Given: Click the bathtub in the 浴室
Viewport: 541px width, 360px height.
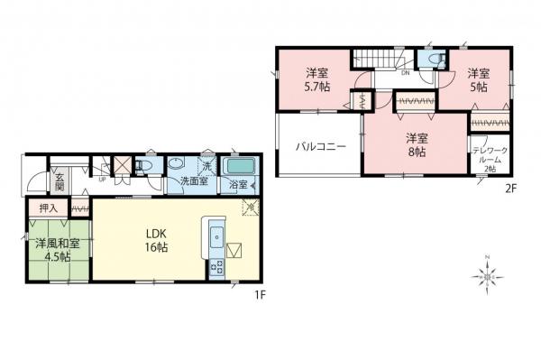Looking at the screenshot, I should tap(240, 167).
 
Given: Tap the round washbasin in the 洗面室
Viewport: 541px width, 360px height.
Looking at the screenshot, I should tap(178, 165).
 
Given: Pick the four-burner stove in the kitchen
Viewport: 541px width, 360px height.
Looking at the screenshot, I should tap(217, 266).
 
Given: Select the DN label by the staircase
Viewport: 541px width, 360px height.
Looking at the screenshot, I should tap(406, 72).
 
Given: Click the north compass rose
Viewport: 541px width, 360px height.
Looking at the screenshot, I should tap(488, 272).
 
